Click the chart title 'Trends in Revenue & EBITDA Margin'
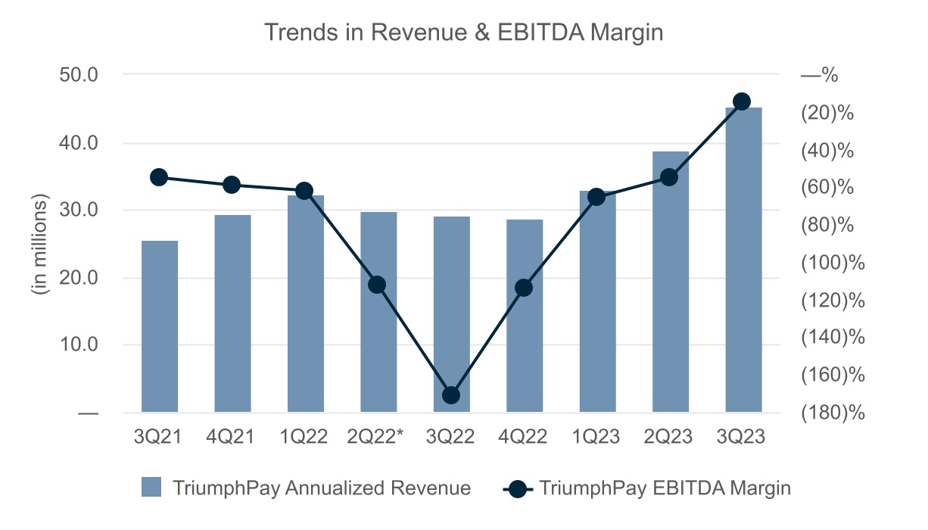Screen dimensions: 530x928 click(463, 33)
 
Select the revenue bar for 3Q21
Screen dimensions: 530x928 click(160, 327)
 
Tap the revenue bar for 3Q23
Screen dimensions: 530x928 click(743, 260)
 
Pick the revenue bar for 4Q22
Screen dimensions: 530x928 click(525, 316)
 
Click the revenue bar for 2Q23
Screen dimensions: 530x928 click(671, 282)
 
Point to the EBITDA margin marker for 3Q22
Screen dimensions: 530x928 click(451, 395)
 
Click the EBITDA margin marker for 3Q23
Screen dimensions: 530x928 click(743, 101)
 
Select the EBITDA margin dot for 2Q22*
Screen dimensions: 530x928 click(378, 285)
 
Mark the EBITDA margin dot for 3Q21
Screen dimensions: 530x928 click(159, 177)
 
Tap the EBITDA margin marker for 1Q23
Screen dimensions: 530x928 click(596, 197)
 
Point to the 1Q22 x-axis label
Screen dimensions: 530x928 click(305, 437)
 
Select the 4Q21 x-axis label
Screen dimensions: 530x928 click(232, 437)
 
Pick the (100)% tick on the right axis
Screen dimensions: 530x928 click(832, 263)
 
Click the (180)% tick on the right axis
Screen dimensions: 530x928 click(832, 413)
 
